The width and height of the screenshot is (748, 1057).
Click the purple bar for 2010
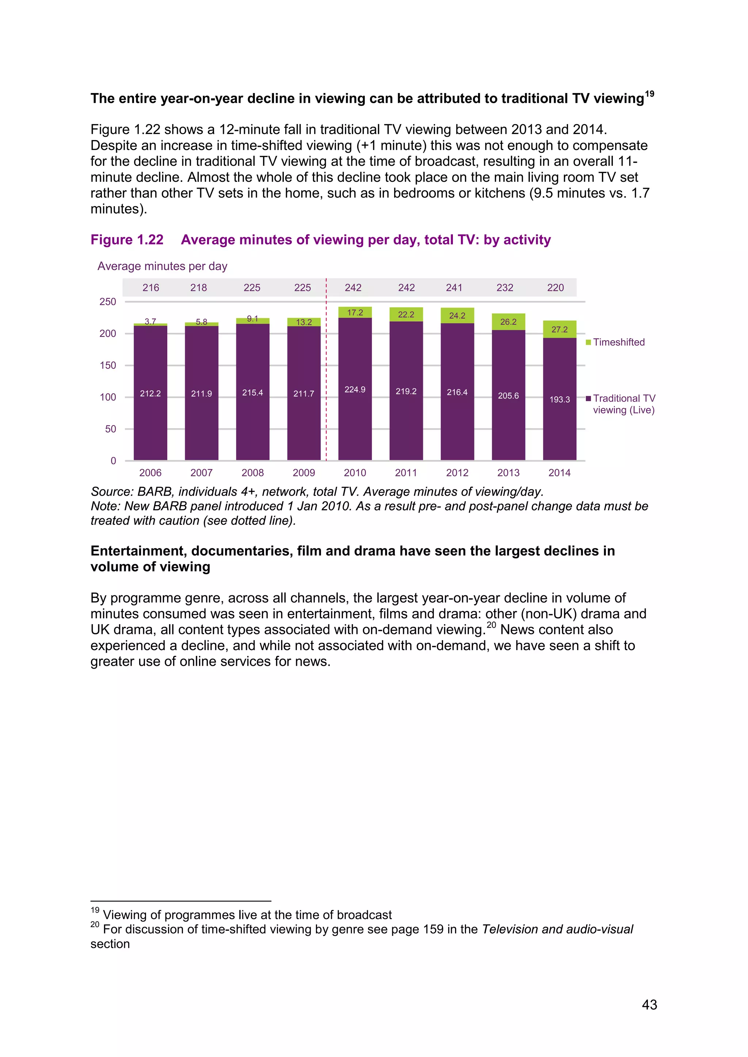coord(355,414)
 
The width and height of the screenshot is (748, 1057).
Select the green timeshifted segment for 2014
coord(559,329)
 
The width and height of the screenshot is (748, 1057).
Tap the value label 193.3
coord(559,400)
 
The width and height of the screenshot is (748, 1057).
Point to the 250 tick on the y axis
coord(108,301)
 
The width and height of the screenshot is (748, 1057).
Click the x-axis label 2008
coord(252,473)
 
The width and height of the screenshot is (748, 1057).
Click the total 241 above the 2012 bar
coord(454,288)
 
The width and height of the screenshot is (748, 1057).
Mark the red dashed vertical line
coord(326,368)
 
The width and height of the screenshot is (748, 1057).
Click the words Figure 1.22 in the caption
coord(127,240)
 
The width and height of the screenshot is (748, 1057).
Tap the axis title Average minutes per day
coord(162,266)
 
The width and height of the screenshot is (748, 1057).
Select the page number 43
coord(649,1004)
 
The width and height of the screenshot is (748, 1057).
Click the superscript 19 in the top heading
coord(649,94)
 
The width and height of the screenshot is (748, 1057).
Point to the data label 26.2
coord(508,322)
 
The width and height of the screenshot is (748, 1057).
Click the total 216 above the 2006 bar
coord(150,288)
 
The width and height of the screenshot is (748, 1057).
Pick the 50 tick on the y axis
coord(111,429)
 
